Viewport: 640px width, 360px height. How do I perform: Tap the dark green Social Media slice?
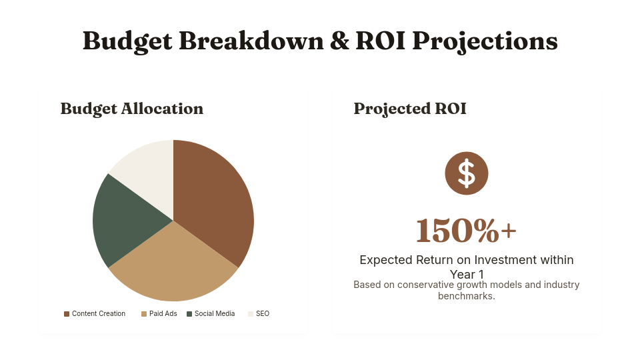click(x=123, y=221)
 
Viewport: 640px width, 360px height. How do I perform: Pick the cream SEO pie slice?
click(x=149, y=171)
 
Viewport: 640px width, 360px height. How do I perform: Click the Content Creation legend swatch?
click(x=67, y=314)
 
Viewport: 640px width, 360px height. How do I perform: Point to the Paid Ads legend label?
click(x=163, y=313)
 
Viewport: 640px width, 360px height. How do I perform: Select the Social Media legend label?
click(x=215, y=313)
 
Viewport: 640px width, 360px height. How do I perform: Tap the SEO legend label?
click(x=263, y=313)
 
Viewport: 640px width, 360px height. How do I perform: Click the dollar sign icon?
click(x=467, y=173)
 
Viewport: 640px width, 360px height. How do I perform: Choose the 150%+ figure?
click(x=467, y=231)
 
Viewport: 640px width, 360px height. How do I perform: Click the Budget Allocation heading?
click(x=132, y=109)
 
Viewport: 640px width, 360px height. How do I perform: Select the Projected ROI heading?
click(x=410, y=109)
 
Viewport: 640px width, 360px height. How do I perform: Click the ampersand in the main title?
click(x=339, y=41)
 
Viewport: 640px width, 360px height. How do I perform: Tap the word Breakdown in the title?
click(x=251, y=41)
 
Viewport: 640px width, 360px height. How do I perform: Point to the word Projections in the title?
click(x=485, y=41)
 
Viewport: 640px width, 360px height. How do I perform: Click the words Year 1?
click(x=467, y=274)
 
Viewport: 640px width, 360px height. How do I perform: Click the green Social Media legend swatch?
click(x=189, y=314)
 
